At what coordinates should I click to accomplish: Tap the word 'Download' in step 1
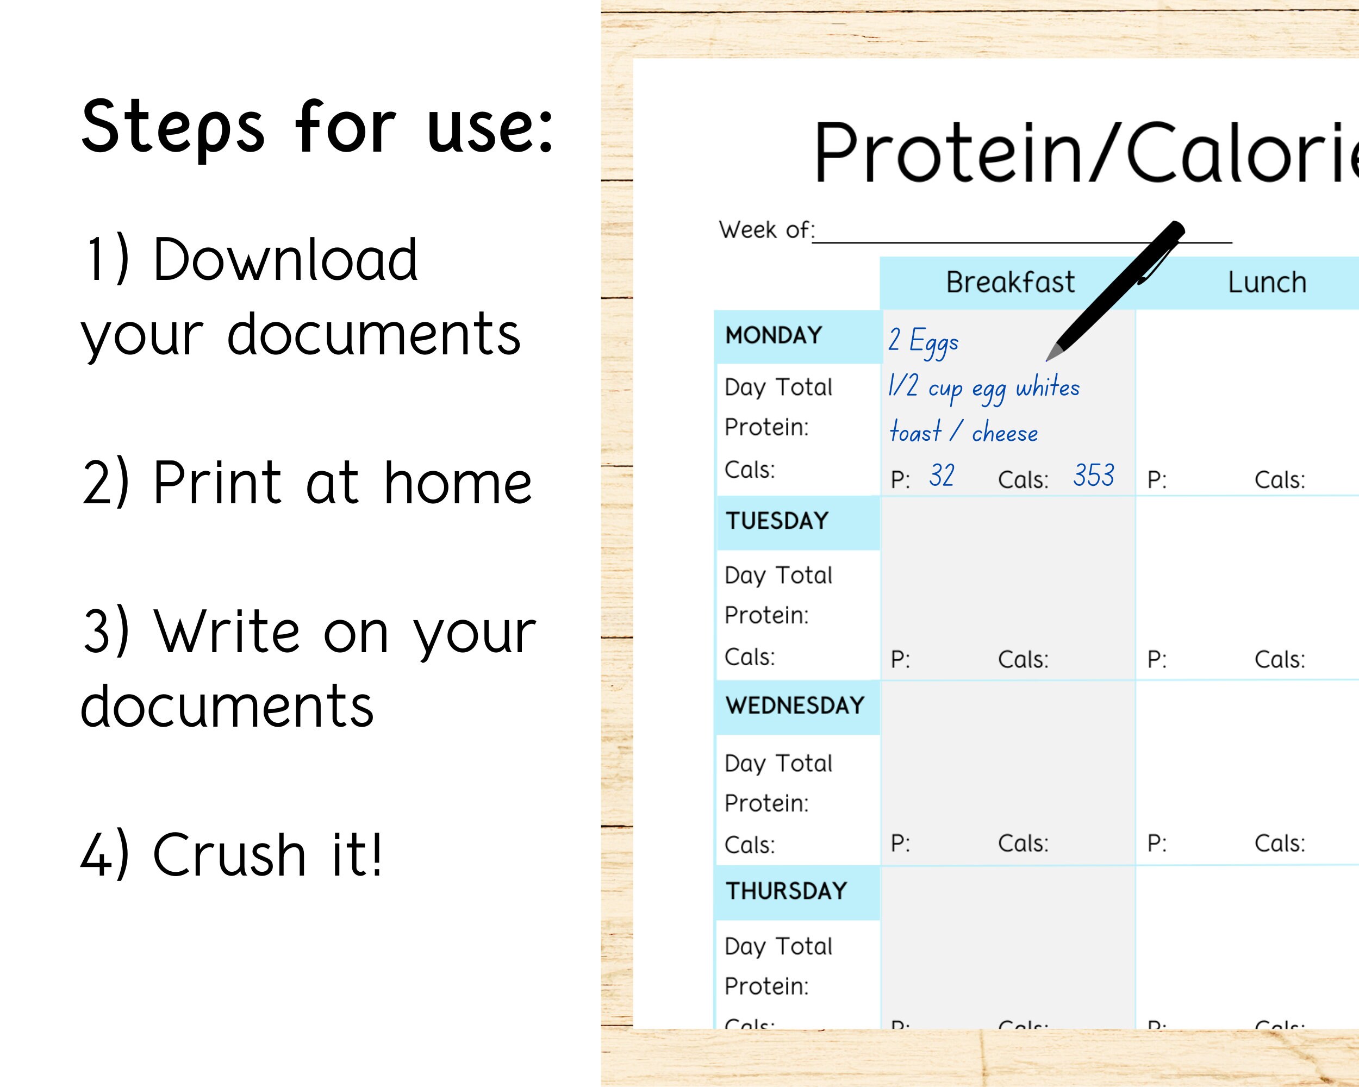(x=285, y=260)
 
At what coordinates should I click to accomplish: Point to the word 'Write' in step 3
(x=227, y=632)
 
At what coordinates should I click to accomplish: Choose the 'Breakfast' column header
(x=1010, y=282)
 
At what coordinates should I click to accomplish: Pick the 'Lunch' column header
(x=1267, y=282)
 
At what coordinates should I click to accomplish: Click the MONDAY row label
(x=774, y=335)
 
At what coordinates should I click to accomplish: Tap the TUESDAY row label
(x=777, y=521)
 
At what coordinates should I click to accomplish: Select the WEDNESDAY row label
(x=795, y=706)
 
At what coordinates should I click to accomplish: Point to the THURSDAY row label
(x=786, y=891)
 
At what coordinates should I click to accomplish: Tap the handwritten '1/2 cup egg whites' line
(x=983, y=388)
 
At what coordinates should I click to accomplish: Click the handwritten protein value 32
(x=941, y=476)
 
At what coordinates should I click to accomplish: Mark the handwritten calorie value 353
(x=1094, y=476)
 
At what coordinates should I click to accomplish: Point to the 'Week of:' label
(x=766, y=230)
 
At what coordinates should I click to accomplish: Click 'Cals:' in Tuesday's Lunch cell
(x=1280, y=660)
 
